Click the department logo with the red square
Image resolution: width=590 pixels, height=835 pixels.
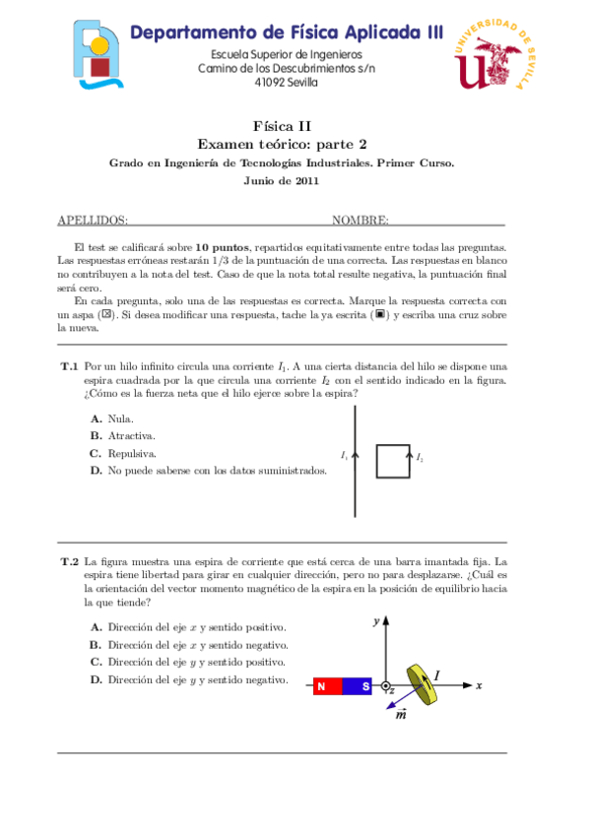pos(98,58)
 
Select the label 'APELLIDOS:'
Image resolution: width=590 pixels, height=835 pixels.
pos(93,221)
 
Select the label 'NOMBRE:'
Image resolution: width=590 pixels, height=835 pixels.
pos(361,221)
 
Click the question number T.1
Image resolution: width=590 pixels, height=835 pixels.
pos(69,366)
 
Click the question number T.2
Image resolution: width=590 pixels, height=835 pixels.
pos(69,561)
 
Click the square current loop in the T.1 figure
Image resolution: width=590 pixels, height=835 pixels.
pos(393,461)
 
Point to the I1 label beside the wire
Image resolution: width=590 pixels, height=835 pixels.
pos(344,456)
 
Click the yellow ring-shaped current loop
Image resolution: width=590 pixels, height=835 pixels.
pos(425,684)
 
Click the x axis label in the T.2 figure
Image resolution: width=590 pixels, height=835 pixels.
pos(478,684)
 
